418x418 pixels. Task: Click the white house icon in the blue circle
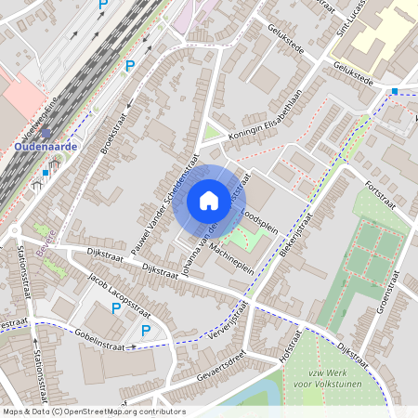tap(208, 201)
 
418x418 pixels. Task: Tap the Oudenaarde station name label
tap(46, 147)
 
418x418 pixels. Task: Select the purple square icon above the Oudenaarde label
tap(46, 133)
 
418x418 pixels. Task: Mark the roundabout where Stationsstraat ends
tap(17, 230)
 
